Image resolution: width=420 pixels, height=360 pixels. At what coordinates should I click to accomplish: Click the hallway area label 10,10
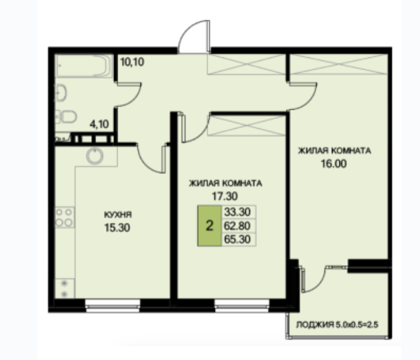click(x=132, y=62)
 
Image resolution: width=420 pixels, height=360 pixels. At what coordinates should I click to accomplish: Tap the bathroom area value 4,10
click(x=99, y=124)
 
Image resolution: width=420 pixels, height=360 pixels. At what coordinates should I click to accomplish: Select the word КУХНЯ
click(x=118, y=215)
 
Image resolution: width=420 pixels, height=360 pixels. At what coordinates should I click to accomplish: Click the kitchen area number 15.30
click(x=118, y=227)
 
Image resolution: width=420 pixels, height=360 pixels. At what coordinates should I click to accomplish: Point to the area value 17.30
click(x=225, y=196)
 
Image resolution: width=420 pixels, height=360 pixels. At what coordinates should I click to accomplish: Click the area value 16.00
click(x=334, y=163)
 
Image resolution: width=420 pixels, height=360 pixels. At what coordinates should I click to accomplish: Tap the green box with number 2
click(x=209, y=226)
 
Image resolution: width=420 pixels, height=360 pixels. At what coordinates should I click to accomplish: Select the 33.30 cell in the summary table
click(x=237, y=212)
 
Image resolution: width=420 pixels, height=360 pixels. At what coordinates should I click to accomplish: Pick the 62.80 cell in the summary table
click(x=237, y=226)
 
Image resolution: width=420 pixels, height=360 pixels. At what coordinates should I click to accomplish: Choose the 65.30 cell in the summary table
click(x=237, y=239)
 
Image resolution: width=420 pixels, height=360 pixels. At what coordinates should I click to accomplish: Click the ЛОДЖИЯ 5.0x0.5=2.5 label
click(x=337, y=325)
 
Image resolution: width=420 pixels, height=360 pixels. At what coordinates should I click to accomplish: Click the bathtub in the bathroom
click(x=84, y=66)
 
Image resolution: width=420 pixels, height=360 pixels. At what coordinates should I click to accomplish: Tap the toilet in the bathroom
click(x=67, y=117)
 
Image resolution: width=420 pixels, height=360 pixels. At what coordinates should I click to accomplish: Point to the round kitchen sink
click(x=95, y=155)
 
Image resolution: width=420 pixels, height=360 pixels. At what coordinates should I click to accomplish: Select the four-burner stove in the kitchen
click(x=65, y=218)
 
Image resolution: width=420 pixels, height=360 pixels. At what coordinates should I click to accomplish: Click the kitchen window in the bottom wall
click(x=113, y=306)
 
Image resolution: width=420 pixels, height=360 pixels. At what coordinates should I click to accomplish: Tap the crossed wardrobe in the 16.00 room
click(x=339, y=64)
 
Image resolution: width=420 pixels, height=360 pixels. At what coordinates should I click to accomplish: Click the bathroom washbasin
click(x=60, y=93)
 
